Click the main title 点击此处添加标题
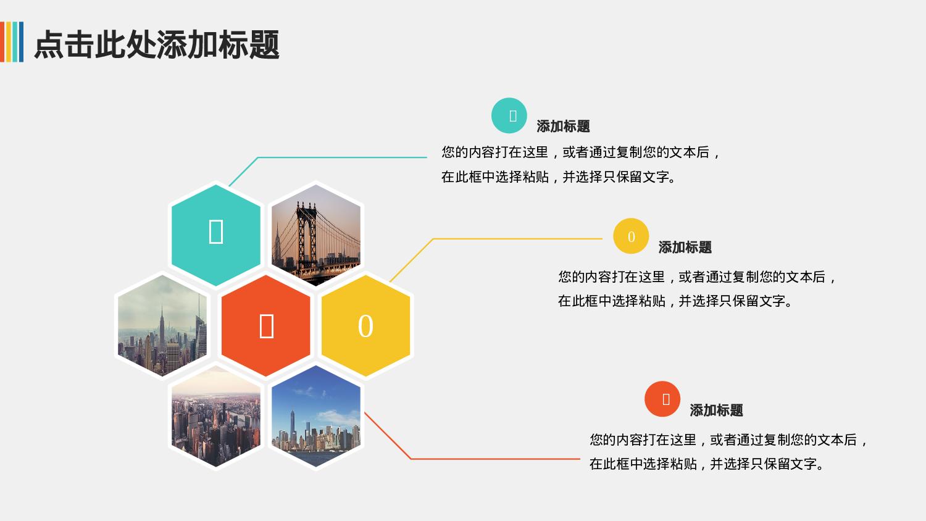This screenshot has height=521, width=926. click(x=157, y=44)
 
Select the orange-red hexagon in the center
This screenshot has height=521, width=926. click(x=266, y=325)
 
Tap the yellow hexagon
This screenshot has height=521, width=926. click(x=365, y=325)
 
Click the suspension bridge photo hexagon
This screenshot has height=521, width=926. click(x=316, y=235)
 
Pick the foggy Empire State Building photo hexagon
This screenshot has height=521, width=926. click(x=162, y=325)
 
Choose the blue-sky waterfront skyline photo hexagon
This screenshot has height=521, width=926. click(x=316, y=417)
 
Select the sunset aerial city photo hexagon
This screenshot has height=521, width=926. click(x=216, y=417)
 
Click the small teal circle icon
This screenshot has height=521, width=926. click(x=509, y=115)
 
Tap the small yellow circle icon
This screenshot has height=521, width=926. click(x=631, y=236)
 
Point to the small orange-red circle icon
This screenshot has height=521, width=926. click(x=662, y=399)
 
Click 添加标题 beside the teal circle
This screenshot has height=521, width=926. click(x=563, y=127)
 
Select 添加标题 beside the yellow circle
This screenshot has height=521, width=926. click(x=685, y=248)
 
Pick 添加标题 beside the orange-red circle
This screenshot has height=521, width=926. click(x=716, y=411)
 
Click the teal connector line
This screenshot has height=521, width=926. click(x=340, y=157)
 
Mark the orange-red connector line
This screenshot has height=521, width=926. click(x=494, y=459)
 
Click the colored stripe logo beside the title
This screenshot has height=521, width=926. click(x=12, y=42)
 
